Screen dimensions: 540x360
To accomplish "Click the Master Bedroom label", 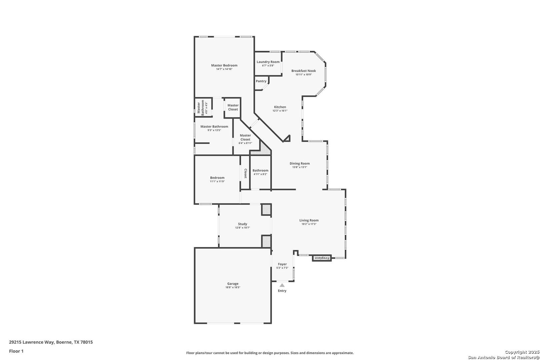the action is (x=224, y=65).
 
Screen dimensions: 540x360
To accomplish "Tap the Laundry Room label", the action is (x=268, y=62).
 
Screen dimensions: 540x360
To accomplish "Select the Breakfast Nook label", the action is (x=304, y=71).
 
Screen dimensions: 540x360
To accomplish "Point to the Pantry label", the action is (x=261, y=81).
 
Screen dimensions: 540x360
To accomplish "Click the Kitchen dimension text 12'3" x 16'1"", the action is (x=280, y=111).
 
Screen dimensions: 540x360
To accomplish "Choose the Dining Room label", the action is (x=300, y=163).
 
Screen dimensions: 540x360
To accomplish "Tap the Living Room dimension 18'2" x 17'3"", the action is (x=309, y=224).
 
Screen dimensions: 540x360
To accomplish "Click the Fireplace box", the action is (x=322, y=258).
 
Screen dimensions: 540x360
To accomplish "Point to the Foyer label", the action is (x=282, y=264).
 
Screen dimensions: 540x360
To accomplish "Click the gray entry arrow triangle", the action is (x=282, y=285).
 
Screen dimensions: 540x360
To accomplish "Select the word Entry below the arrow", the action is (x=282, y=291).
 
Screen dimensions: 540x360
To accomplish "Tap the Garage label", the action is (x=233, y=284).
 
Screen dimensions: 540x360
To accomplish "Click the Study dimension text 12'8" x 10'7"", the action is (x=243, y=228).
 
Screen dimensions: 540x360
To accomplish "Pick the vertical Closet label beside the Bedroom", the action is (x=245, y=173).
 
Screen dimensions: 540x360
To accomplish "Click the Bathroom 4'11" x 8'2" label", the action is (x=260, y=172).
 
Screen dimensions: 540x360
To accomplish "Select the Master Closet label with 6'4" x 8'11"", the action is (x=245, y=139).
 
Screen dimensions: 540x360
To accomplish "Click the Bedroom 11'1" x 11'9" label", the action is (x=217, y=179).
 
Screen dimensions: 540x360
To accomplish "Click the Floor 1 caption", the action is (x=16, y=351).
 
